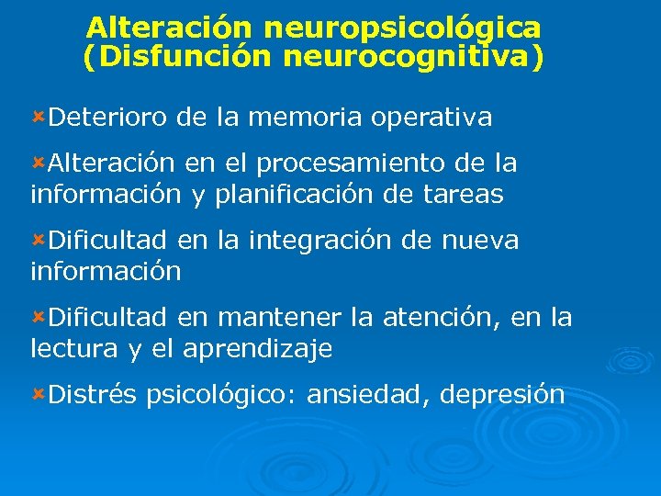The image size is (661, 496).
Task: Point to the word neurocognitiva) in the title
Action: click(413, 58)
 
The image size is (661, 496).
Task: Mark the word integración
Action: click(327, 242)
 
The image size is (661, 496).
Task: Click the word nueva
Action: click(480, 241)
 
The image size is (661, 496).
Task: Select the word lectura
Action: click(74, 349)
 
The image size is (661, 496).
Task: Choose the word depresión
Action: click(502, 396)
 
